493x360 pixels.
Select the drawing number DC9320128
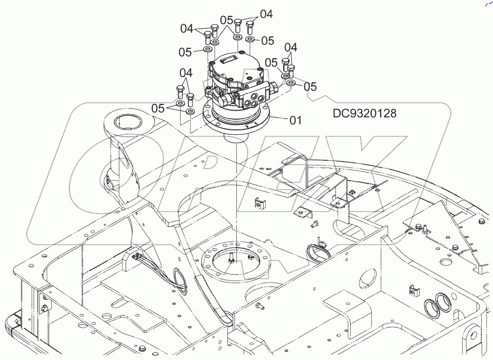364,113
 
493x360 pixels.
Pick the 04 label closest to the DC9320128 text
290,47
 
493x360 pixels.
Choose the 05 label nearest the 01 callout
310,86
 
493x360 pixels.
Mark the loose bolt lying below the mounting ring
259,306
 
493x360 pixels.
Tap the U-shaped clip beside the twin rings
415,290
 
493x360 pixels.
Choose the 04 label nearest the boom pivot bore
186,73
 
